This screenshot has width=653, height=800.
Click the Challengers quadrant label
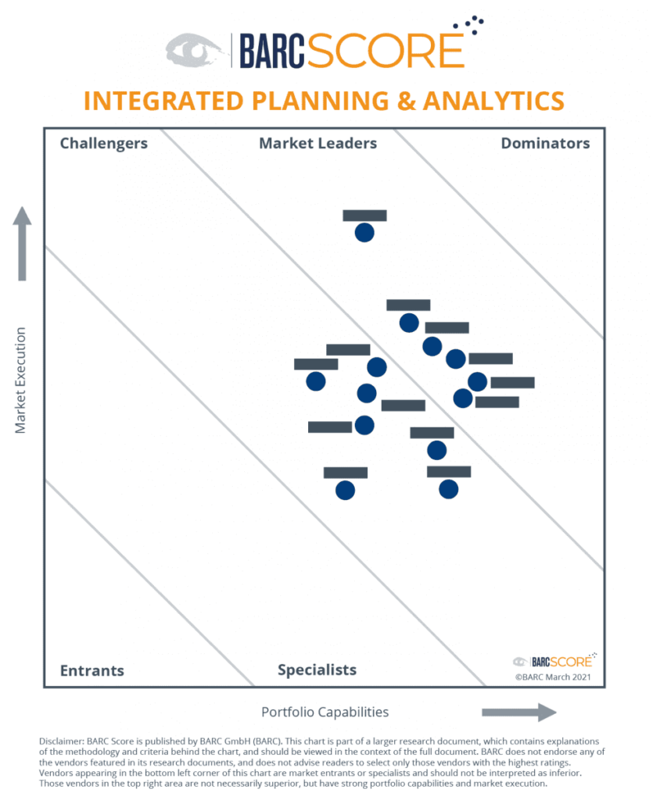[x=103, y=143]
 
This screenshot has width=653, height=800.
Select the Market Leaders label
[x=318, y=143]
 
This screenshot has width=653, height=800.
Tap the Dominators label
[x=545, y=143]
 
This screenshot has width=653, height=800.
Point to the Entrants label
[x=91, y=670]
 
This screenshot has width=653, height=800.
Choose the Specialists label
[x=317, y=670]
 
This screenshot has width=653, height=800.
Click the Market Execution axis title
[x=21, y=380]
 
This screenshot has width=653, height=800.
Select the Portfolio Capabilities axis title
[x=325, y=712]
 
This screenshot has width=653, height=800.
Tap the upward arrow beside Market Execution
[x=23, y=243]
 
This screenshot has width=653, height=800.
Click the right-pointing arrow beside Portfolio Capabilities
[x=518, y=712]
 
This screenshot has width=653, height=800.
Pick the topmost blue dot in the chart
[x=364, y=232]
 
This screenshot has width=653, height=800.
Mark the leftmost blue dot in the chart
[x=315, y=381]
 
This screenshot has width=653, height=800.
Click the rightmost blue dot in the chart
[x=477, y=381]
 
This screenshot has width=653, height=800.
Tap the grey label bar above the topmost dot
[x=364, y=216]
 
